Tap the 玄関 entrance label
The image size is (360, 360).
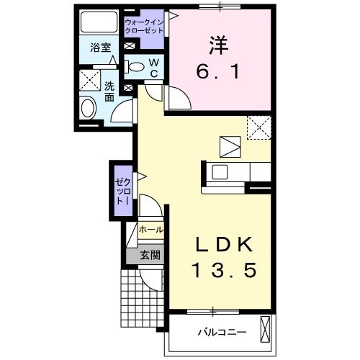coord(150,254)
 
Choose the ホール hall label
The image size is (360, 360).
coord(151,230)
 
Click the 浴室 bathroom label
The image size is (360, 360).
coord(100,48)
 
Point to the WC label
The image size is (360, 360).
coord(154,67)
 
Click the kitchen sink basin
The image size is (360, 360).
coord(219,172)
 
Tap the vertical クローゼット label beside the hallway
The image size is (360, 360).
coord(121,190)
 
